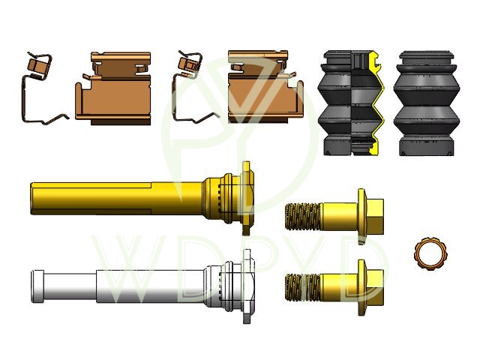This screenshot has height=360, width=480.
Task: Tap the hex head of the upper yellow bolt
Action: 375,216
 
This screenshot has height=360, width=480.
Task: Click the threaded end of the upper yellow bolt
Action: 303,217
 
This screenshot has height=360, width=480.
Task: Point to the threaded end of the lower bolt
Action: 303,287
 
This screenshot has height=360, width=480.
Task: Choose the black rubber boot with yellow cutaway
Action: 352,103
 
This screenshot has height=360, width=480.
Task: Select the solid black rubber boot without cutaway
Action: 427,103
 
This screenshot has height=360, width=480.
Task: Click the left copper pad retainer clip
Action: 113,88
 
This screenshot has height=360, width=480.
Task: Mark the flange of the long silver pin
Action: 247,286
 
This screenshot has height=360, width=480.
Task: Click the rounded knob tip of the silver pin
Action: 37,286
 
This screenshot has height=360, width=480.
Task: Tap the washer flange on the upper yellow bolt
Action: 361,216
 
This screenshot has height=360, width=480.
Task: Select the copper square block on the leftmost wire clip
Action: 36,65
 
